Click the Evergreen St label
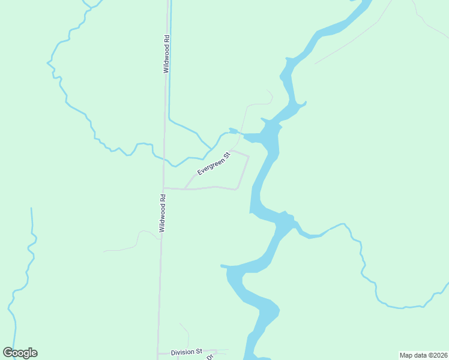[x=214, y=163]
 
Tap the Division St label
[x=185, y=352]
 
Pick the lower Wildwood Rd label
[x=162, y=213]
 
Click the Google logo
[x=20, y=353]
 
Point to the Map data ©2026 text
[x=423, y=355]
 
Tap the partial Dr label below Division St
[x=210, y=357]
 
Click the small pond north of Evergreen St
[x=233, y=131]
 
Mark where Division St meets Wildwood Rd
[x=158, y=353]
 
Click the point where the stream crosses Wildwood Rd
[x=163, y=160]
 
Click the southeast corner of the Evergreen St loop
[x=237, y=189]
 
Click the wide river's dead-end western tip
[x=223, y=265]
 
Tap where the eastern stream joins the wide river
[x=296, y=225]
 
